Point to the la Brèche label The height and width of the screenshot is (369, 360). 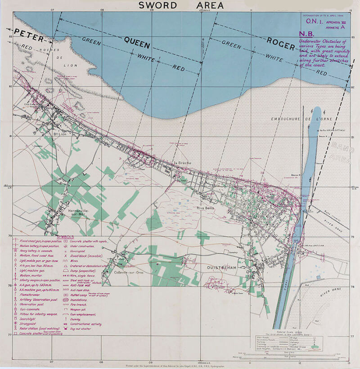pyautogui.click(x=182, y=163)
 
